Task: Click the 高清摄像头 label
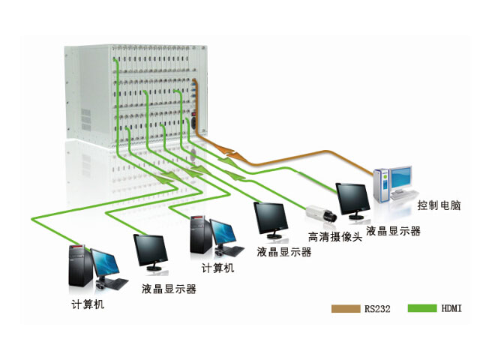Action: pos(334,238)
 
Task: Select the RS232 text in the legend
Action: pos(376,308)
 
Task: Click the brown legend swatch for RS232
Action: pos(346,308)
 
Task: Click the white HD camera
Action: pos(320,214)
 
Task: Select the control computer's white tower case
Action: pos(381,186)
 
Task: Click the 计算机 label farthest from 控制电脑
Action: pos(88,304)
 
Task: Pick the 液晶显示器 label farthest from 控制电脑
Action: pos(169,287)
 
